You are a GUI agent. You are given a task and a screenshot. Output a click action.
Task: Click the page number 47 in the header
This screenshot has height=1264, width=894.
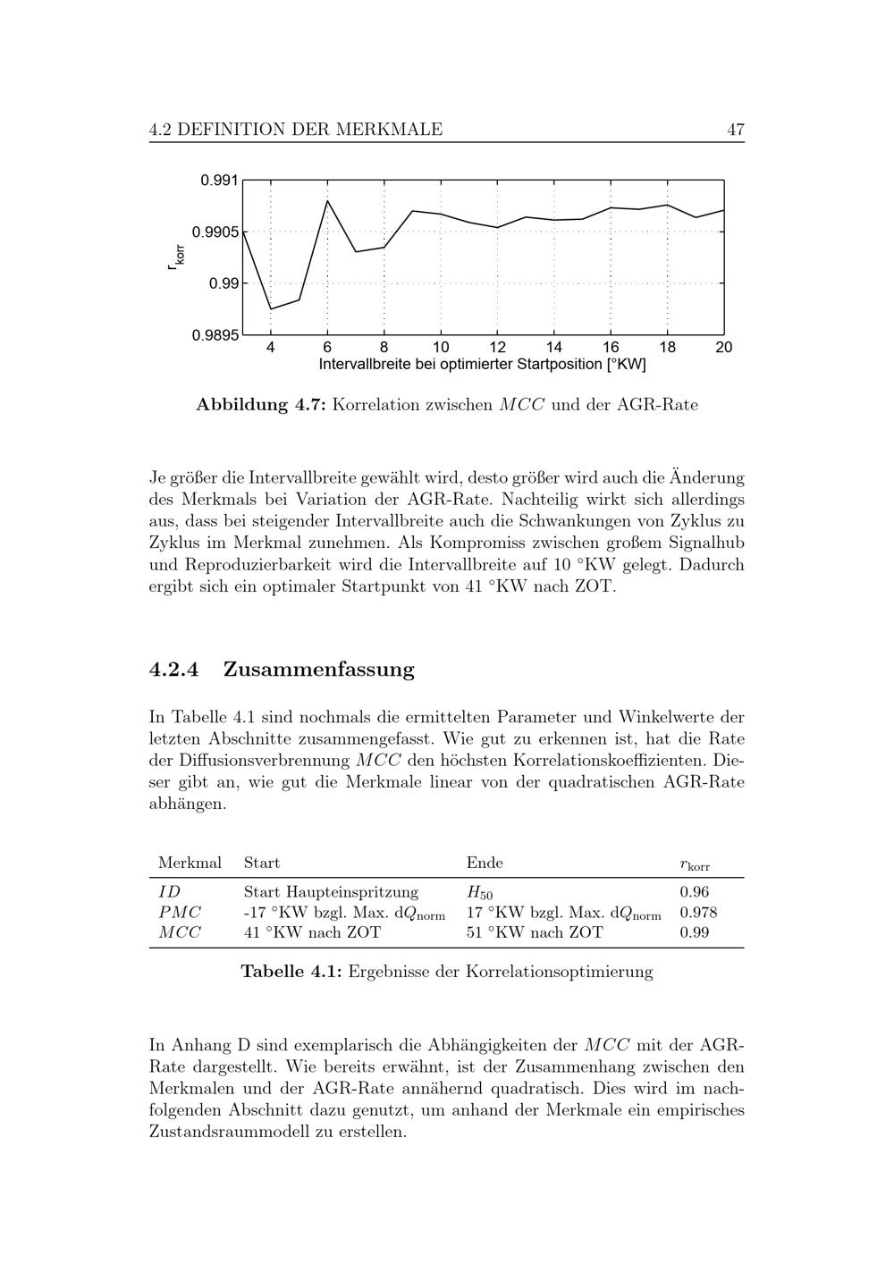735,130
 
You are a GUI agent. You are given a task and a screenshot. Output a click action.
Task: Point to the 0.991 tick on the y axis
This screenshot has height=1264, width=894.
220,181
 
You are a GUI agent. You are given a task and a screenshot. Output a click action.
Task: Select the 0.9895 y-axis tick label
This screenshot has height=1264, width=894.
216,335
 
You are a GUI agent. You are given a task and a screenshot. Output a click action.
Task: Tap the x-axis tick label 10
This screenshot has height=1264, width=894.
441,347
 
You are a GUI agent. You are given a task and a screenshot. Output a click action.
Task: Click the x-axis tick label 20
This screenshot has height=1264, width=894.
723,347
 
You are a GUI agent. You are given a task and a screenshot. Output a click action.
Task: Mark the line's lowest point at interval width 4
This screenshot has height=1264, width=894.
271,309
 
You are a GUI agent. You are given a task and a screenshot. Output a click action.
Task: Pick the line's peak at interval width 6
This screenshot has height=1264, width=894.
327,200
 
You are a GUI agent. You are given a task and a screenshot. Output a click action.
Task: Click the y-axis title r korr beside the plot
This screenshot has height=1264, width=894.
178,257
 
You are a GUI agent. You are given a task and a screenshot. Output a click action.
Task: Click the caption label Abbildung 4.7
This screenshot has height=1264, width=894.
263,405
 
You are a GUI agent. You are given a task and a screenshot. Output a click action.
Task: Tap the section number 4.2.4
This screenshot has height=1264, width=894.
174,670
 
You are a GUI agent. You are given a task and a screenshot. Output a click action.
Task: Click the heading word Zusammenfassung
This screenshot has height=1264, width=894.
318,670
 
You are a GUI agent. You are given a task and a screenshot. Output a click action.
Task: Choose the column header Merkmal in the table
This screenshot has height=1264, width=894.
190,863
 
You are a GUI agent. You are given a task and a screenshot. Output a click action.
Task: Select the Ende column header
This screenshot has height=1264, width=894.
485,863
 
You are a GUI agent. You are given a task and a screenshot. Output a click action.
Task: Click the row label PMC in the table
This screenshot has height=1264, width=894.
180,913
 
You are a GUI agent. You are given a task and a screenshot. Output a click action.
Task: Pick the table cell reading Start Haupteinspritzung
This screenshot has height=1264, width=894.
331,892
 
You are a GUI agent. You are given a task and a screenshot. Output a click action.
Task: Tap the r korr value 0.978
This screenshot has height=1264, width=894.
698,913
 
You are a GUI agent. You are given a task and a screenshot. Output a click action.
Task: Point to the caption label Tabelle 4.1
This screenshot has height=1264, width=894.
291,972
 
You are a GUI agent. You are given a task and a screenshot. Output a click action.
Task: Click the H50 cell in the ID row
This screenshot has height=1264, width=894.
479,893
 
